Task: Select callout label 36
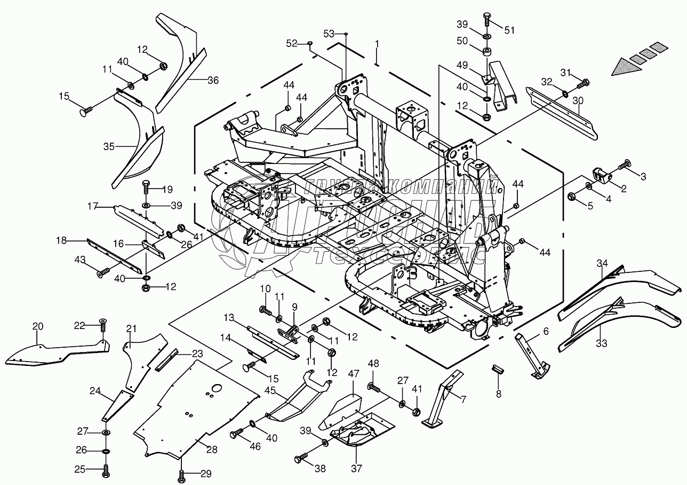213,81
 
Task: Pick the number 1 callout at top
377,44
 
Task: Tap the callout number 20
37,326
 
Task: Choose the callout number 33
601,343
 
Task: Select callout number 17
93,205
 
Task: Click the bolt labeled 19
147,188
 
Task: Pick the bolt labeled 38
300,458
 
